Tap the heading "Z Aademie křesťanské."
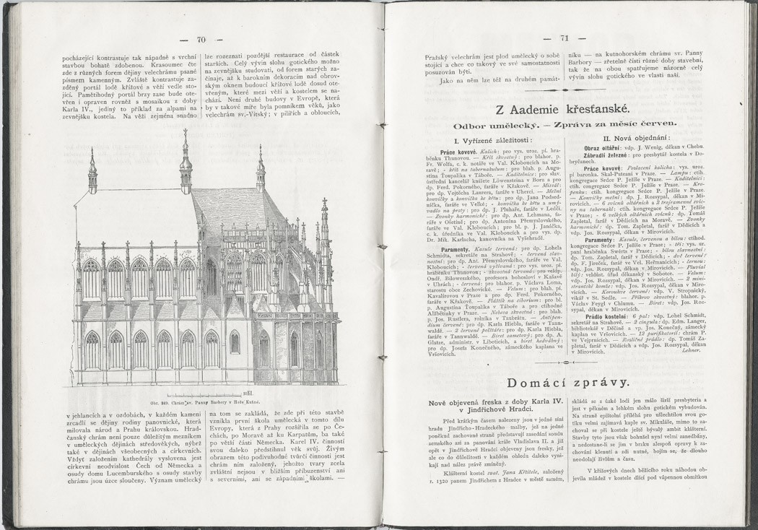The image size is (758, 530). tap(562, 110)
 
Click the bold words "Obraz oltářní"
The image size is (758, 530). tap(602, 147)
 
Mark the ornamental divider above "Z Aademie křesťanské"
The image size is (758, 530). tap(562, 90)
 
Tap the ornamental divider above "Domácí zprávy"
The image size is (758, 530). tap(562, 362)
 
